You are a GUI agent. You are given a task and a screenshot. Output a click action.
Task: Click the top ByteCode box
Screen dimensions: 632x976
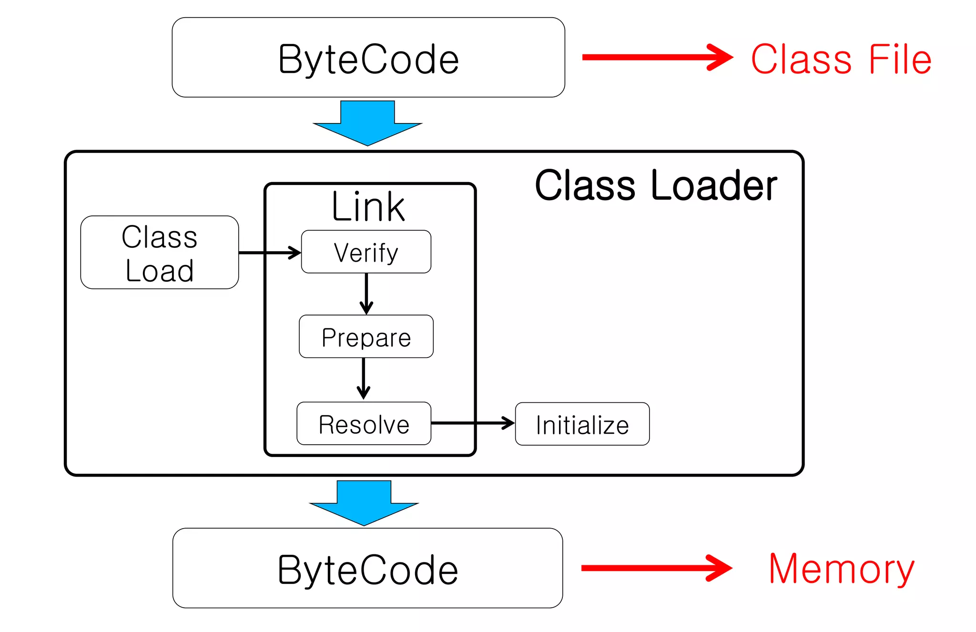pyautogui.click(x=368, y=58)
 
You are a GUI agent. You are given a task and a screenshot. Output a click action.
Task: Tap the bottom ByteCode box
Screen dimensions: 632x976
pyautogui.click(x=367, y=568)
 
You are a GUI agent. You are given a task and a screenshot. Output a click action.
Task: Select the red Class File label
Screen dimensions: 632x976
pyautogui.click(x=841, y=60)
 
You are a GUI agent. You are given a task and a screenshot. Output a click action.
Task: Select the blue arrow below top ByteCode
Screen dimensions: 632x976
pyautogui.click(x=367, y=123)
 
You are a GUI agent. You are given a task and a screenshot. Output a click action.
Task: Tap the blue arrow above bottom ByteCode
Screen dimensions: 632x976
pyautogui.click(x=364, y=503)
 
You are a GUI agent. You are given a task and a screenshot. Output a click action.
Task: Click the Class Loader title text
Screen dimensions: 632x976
pyautogui.click(x=656, y=185)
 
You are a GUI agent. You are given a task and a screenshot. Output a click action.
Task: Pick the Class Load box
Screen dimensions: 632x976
pyautogui.click(x=159, y=252)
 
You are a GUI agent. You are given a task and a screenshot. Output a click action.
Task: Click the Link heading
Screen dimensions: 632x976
pyautogui.click(x=368, y=207)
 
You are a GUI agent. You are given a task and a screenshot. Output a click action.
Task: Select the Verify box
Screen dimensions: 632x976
pyautogui.click(x=366, y=252)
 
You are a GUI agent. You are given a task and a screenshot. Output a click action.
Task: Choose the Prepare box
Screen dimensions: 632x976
pyautogui.click(x=366, y=336)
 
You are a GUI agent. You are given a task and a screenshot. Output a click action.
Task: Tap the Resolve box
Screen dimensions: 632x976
pyautogui.click(x=364, y=424)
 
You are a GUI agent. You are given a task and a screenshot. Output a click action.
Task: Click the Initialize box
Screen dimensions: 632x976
pyautogui.click(x=582, y=424)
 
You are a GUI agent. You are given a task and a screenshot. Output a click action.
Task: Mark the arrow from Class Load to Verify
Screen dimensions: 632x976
pyautogui.click(x=269, y=253)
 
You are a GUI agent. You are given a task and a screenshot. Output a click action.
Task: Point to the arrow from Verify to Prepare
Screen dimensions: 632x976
pyautogui.click(x=366, y=293)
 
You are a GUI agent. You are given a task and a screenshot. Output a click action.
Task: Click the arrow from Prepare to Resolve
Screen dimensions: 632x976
pyautogui.click(x=364, y=378)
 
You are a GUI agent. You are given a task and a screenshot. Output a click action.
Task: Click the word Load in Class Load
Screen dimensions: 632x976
pyautogui.click(x=159, y=271)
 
